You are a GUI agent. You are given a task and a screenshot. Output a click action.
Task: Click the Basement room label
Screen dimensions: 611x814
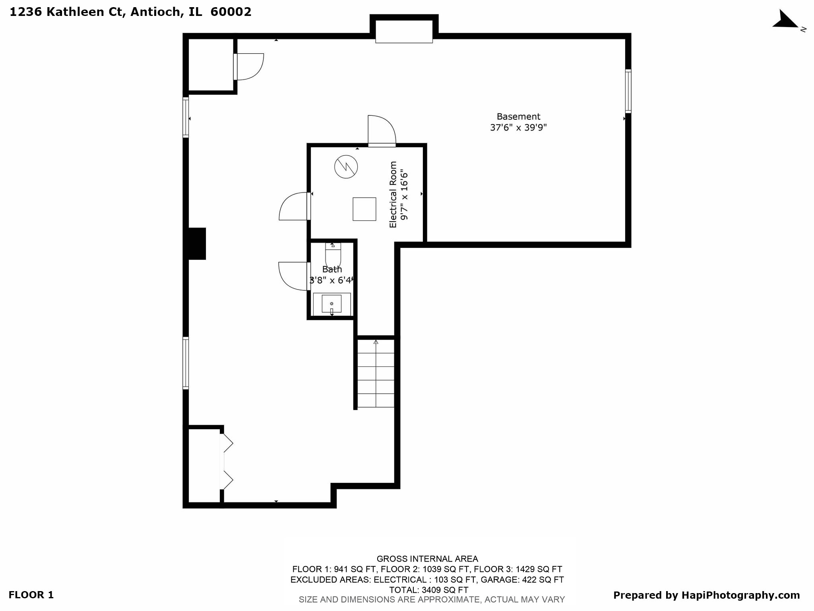coord(518,117)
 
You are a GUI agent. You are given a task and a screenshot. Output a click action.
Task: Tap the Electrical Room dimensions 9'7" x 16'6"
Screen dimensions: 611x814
coord(404,195)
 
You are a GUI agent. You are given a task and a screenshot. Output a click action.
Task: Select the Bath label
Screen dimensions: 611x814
coord(332,269)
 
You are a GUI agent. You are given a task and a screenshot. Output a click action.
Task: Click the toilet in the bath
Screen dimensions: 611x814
coord(333,255)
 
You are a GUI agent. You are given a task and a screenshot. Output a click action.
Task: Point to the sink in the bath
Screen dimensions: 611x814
coord(331,304)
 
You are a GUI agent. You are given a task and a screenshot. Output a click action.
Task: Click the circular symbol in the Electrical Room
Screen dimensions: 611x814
coord(346,167)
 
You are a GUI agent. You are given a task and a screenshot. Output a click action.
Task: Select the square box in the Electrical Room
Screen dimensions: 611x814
coord(364,209)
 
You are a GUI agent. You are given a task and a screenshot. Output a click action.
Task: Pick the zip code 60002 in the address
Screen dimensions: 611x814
coord(231,12)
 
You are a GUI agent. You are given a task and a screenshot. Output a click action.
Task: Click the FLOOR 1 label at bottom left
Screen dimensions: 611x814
coord(31,595)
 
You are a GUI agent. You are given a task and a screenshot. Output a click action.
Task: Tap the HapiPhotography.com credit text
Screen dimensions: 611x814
coord(706,595)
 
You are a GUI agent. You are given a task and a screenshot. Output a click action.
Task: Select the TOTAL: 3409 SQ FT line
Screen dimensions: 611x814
coord(428,590)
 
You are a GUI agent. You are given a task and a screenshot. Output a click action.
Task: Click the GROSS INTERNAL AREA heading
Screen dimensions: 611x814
coord(427,559)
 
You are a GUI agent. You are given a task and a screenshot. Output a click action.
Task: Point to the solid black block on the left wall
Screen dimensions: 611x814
coord(197,243)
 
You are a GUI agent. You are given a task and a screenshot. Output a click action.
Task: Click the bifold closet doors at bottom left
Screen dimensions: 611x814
coord(226,461)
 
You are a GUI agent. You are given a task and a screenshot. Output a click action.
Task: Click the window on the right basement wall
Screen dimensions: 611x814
coord(628,91)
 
